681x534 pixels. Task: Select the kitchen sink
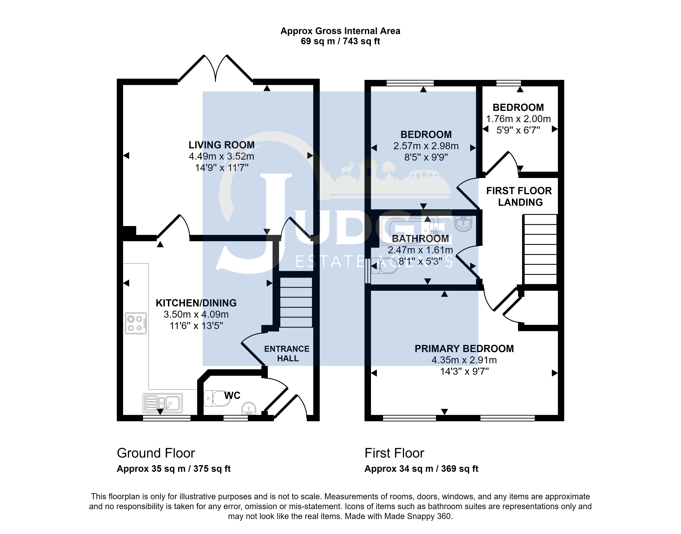click(x=163, y=403)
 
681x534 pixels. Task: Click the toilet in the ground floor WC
click(x=217, y=398)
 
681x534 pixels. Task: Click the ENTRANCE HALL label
click(x=287, y=354)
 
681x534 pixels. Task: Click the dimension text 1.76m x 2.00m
click(x=518, y=119)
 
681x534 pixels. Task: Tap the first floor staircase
click(x=540, y=249)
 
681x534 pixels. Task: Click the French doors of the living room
click(x=216, y=69)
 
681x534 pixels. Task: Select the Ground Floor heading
click(x=156, y=453)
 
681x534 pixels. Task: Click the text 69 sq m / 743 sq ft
click(x=340, y=41)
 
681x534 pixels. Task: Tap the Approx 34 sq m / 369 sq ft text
click(x=421, y=469)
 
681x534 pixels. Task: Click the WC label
click(x=232, y=396)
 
